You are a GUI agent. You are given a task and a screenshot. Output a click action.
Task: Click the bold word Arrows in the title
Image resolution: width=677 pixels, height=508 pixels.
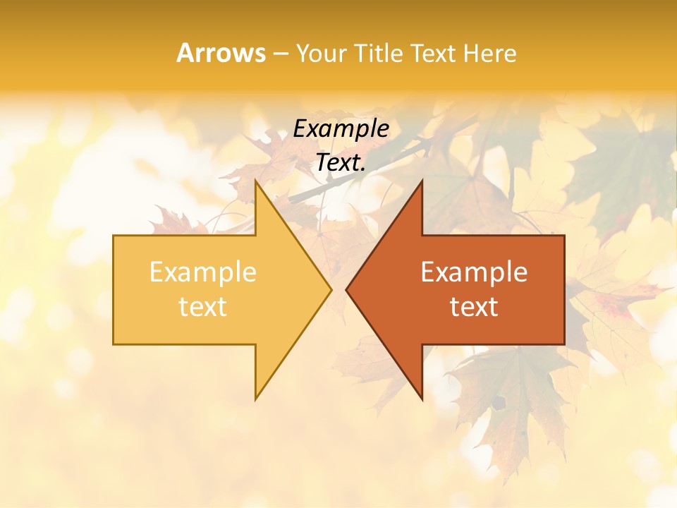click(x=221, y=53)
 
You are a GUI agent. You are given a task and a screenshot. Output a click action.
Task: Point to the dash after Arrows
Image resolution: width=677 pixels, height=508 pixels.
click(x=281, y=54)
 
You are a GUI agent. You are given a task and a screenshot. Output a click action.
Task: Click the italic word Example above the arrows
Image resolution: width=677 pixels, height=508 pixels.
click(x=341, y=128)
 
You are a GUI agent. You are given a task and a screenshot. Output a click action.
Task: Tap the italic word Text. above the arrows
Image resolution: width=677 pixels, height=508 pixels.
click(x=341, y=162)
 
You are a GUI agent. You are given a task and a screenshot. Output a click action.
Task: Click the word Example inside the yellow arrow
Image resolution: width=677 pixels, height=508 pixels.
click(x=203, y=272)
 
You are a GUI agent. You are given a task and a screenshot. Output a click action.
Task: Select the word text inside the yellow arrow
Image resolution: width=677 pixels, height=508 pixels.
click(x=203, y=307)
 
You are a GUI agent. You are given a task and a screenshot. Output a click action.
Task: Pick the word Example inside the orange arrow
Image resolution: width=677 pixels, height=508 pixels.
click(x=474, y=272)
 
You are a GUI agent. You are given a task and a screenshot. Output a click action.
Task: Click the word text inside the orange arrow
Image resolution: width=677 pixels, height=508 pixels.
click(x=474, y=307)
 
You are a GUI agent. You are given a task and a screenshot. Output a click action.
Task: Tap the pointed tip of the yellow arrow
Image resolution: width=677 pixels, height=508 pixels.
click(x=331, y=289)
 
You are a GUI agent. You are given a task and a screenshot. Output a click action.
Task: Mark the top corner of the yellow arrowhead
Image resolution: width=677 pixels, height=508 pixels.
click(x=256, y=181)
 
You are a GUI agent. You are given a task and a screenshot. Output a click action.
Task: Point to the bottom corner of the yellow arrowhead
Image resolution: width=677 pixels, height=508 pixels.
click(x=256, y=399)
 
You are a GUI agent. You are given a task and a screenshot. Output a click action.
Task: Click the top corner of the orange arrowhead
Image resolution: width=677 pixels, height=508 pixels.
click(x=422, y=181)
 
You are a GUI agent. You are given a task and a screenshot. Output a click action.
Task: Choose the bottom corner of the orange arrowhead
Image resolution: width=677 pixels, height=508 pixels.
click(x=422, y=399)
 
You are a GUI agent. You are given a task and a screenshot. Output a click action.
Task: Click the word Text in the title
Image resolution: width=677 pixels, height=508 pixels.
click(x=434, y=53)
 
